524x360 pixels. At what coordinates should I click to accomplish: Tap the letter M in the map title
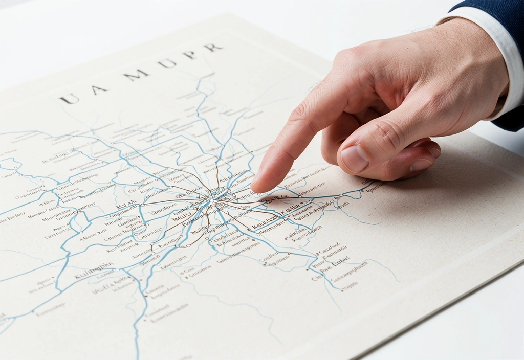pos(137,75)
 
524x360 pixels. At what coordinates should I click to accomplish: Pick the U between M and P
pos(167,63)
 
